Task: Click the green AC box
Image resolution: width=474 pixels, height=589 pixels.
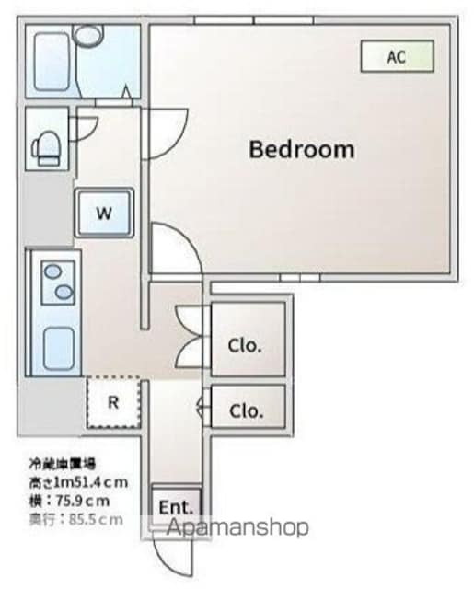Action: click(396, 56)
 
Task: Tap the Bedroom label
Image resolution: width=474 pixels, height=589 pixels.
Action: click(301, 149)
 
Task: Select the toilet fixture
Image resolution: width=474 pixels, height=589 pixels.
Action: click(46, 144)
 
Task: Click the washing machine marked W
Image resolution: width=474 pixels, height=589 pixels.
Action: click(105, 214)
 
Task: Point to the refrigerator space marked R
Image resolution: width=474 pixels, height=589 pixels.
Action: click(112, 402)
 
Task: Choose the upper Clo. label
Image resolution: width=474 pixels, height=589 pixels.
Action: click(245, 346)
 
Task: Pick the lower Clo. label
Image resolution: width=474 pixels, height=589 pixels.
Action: click(245, 410)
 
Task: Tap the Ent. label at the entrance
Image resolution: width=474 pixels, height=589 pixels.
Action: click(175, 507)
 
